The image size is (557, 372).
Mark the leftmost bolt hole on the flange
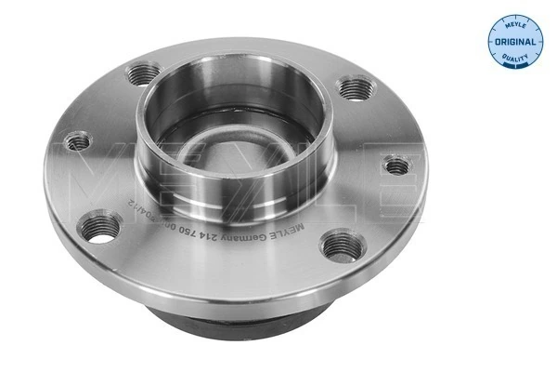click(77, 141)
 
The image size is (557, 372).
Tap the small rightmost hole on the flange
click(396, 166)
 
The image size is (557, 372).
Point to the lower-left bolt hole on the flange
click(102, 226)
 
